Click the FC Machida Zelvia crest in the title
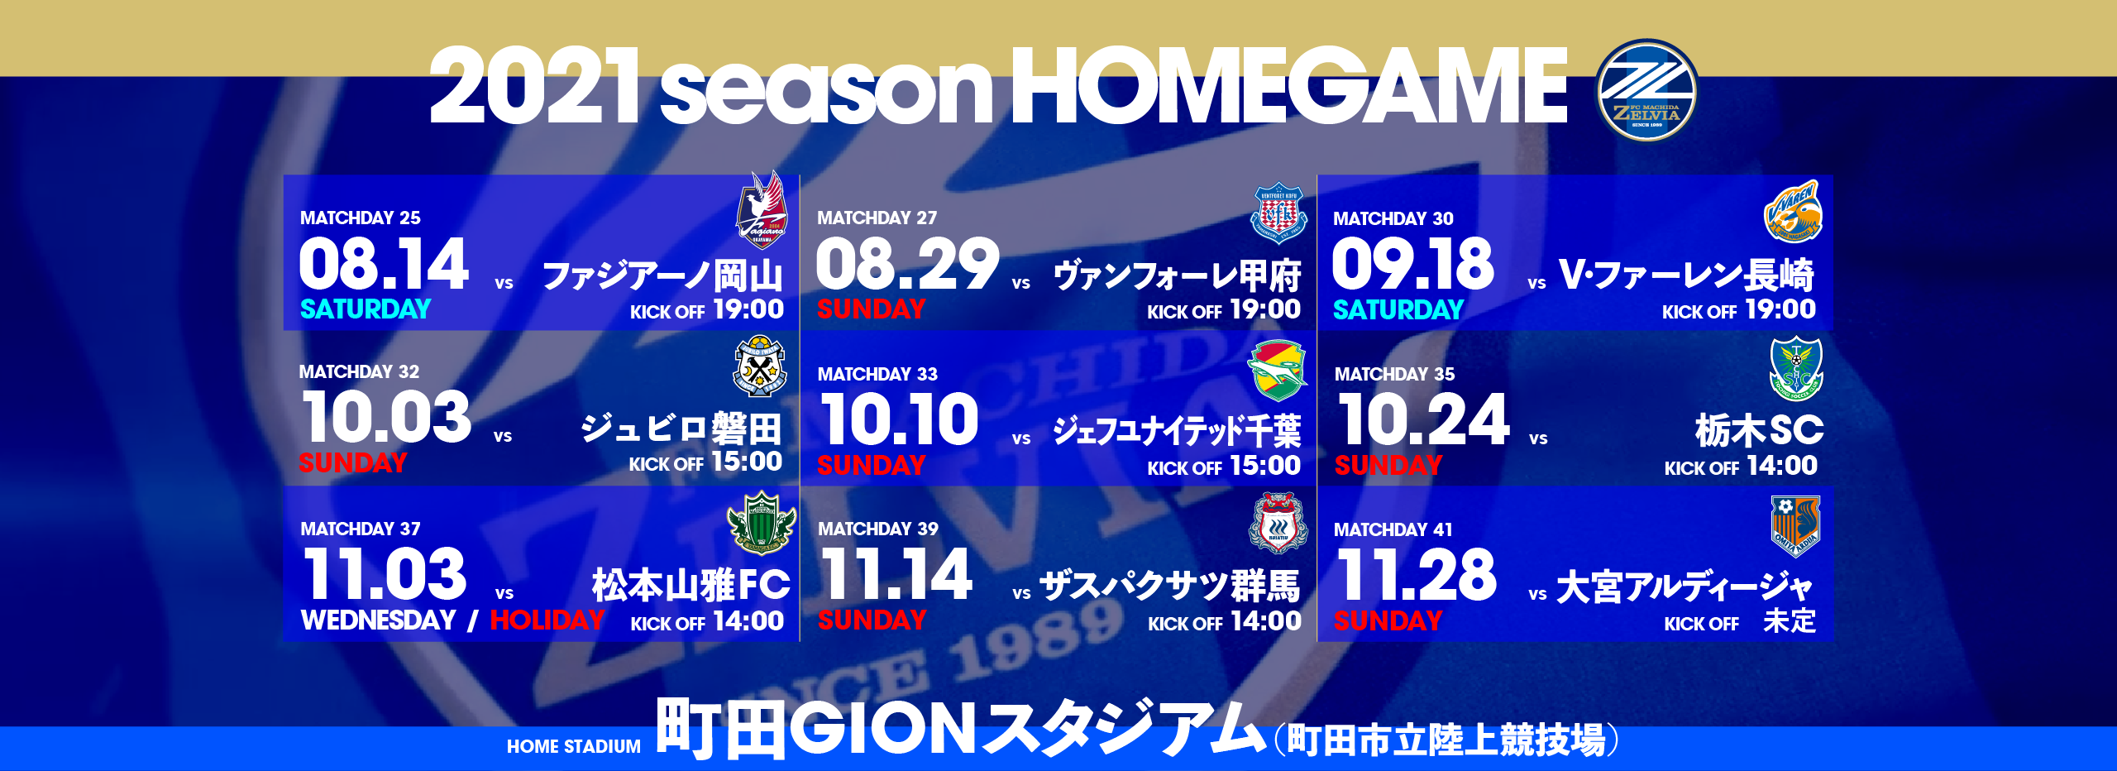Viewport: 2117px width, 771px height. click(1646, 90)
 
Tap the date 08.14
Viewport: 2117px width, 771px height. click(384, 264)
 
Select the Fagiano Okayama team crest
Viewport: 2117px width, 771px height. click(762, 209)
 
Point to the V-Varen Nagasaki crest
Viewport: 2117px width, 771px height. click(1793, 212)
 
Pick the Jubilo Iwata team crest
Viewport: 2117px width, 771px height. click(759, 366)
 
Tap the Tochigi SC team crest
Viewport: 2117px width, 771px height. click(1796, 368)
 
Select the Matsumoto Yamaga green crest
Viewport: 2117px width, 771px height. click(761, 523)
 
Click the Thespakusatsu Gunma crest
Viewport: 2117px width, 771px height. click(1278, 523)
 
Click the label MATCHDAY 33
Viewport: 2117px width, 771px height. click(877, 375)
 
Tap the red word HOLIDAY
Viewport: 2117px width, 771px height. click(547, 620)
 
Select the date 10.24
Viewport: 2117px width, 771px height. click(1423, 419)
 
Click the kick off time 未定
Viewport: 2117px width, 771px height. click(1790, 621)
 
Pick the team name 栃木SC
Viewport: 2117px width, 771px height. click(1759, 430)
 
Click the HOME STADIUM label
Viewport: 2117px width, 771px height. click(573, 746)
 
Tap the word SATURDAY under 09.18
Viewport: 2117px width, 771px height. click(1398, 310)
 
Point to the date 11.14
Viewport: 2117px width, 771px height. click(896, 574)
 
